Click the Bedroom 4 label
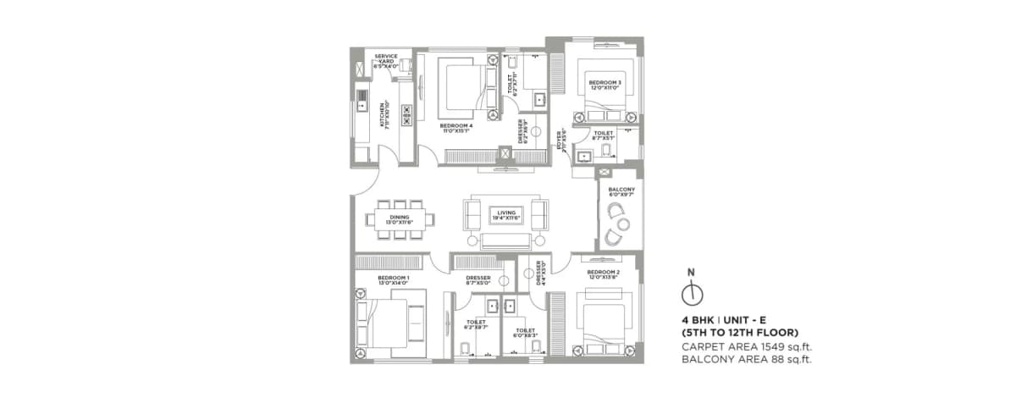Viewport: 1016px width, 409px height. pyautogui.click(x=456, y=128)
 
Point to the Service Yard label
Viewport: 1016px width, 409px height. pyautogui.click(x=386, y=59)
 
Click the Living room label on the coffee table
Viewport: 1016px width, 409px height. pyautogui.click(x=505, y=215)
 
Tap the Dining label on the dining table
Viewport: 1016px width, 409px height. pyautogui.click(x=400, y=218)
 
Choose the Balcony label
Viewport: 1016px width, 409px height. pyautogui.click(x=621, y=191)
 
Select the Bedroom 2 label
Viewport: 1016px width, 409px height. pyautogui.click(x=604, y=274)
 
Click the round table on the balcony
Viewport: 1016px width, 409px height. pyautogui.click(x=624, y=224)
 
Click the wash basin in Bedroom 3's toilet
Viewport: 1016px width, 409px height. pyautogui.click(x=584, y=154)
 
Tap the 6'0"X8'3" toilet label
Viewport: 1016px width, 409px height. pyautogui.click(x=526, y=333)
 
